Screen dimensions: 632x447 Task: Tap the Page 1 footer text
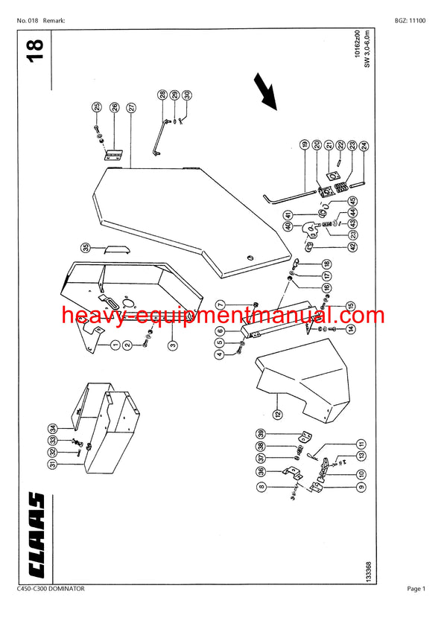click(x=416, y=589)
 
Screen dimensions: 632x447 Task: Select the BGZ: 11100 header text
click(x=410, y=21)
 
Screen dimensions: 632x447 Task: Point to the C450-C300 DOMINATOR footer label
click(x=51, y=589)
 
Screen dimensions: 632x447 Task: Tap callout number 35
click(x=86, y=247)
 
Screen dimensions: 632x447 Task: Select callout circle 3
click(x=173, y=345)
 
